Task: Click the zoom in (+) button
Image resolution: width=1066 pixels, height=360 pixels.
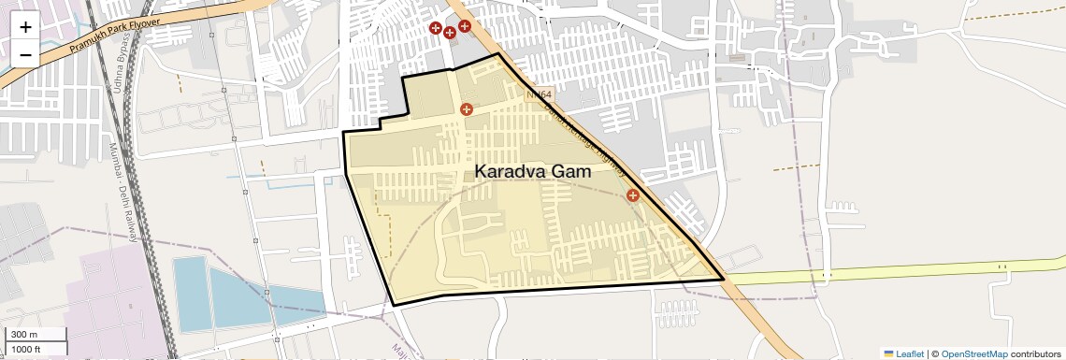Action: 25,26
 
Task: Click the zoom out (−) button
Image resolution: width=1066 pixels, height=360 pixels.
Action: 25,54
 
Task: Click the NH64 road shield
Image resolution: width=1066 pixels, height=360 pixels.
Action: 540,94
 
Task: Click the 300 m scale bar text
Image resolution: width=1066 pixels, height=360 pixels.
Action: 24,335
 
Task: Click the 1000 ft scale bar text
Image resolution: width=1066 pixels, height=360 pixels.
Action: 26,349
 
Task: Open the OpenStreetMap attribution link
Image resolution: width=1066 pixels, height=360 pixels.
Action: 973,353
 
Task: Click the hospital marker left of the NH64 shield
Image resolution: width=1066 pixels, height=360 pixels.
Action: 467,109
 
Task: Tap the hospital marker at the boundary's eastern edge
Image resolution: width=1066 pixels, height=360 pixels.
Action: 633,195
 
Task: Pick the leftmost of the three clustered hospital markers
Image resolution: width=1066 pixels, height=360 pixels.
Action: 435,29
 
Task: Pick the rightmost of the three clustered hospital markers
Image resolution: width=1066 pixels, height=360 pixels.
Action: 464,26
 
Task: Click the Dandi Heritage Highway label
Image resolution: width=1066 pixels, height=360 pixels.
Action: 584,136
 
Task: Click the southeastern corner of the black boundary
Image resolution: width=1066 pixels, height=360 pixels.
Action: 724,280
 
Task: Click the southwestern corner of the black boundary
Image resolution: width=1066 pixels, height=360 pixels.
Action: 394,305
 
